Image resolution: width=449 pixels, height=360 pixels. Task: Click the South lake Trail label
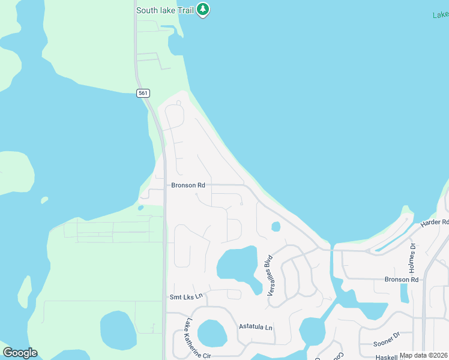(x=164, y=10)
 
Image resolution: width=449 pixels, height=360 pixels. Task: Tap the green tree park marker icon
(x=203, y=10)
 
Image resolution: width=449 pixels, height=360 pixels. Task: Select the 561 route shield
(x=142, y=93)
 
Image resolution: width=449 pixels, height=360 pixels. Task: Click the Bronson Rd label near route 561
(x=188, y=185)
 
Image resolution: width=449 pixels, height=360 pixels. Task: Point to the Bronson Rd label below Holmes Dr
(x=402, y=280)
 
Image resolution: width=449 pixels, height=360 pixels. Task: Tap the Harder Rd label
(x=435, y=223)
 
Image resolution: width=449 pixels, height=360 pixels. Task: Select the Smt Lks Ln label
(x=187, y=296)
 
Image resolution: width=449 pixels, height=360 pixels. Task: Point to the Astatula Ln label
(x=256, y=327)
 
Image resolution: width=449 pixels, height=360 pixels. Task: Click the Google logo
(x=20, y=353)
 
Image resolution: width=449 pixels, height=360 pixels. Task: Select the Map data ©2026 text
(x=424, y=355)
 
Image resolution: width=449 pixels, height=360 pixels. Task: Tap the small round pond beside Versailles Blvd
(x=276, y=227)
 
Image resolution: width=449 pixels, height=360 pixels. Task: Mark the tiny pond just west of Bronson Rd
(x=140, y=208)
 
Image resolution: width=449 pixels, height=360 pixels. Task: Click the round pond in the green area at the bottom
(x=118, y=330)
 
